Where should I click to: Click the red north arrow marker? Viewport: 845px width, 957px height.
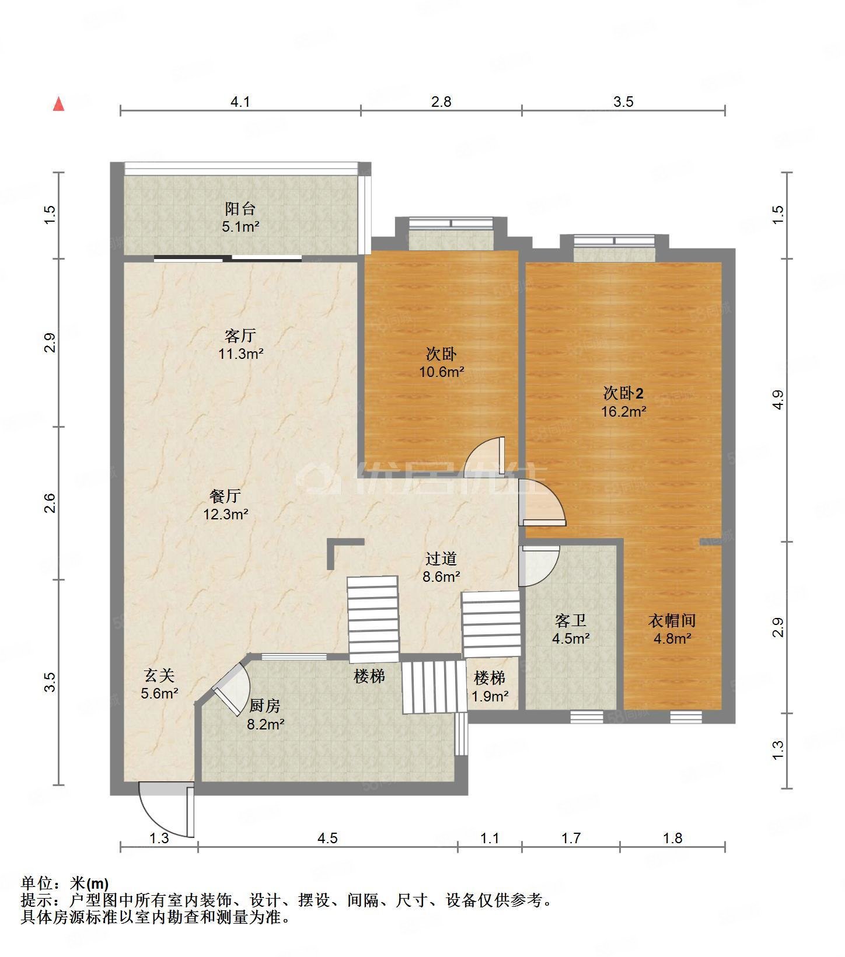pos(58,104)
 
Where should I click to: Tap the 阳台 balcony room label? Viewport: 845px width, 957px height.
pos(240,217)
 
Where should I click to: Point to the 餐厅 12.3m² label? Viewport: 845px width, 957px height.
pos(225,505)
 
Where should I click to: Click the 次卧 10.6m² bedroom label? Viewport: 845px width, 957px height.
pos(441,362)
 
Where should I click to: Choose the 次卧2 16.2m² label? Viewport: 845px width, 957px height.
pos(623,402)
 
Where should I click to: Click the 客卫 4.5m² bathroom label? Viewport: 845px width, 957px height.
pos(570,629)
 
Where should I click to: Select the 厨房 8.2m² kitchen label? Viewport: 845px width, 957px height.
pos(266,715)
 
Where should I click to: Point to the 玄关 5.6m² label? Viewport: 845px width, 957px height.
pos(159,684)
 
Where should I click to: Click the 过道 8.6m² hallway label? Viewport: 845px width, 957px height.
pos(441,567)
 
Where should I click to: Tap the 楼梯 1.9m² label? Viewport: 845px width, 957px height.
pos(490,686)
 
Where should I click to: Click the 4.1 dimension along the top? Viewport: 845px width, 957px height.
pos(240,102)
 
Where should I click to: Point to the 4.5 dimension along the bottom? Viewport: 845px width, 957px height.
pos(327,839)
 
